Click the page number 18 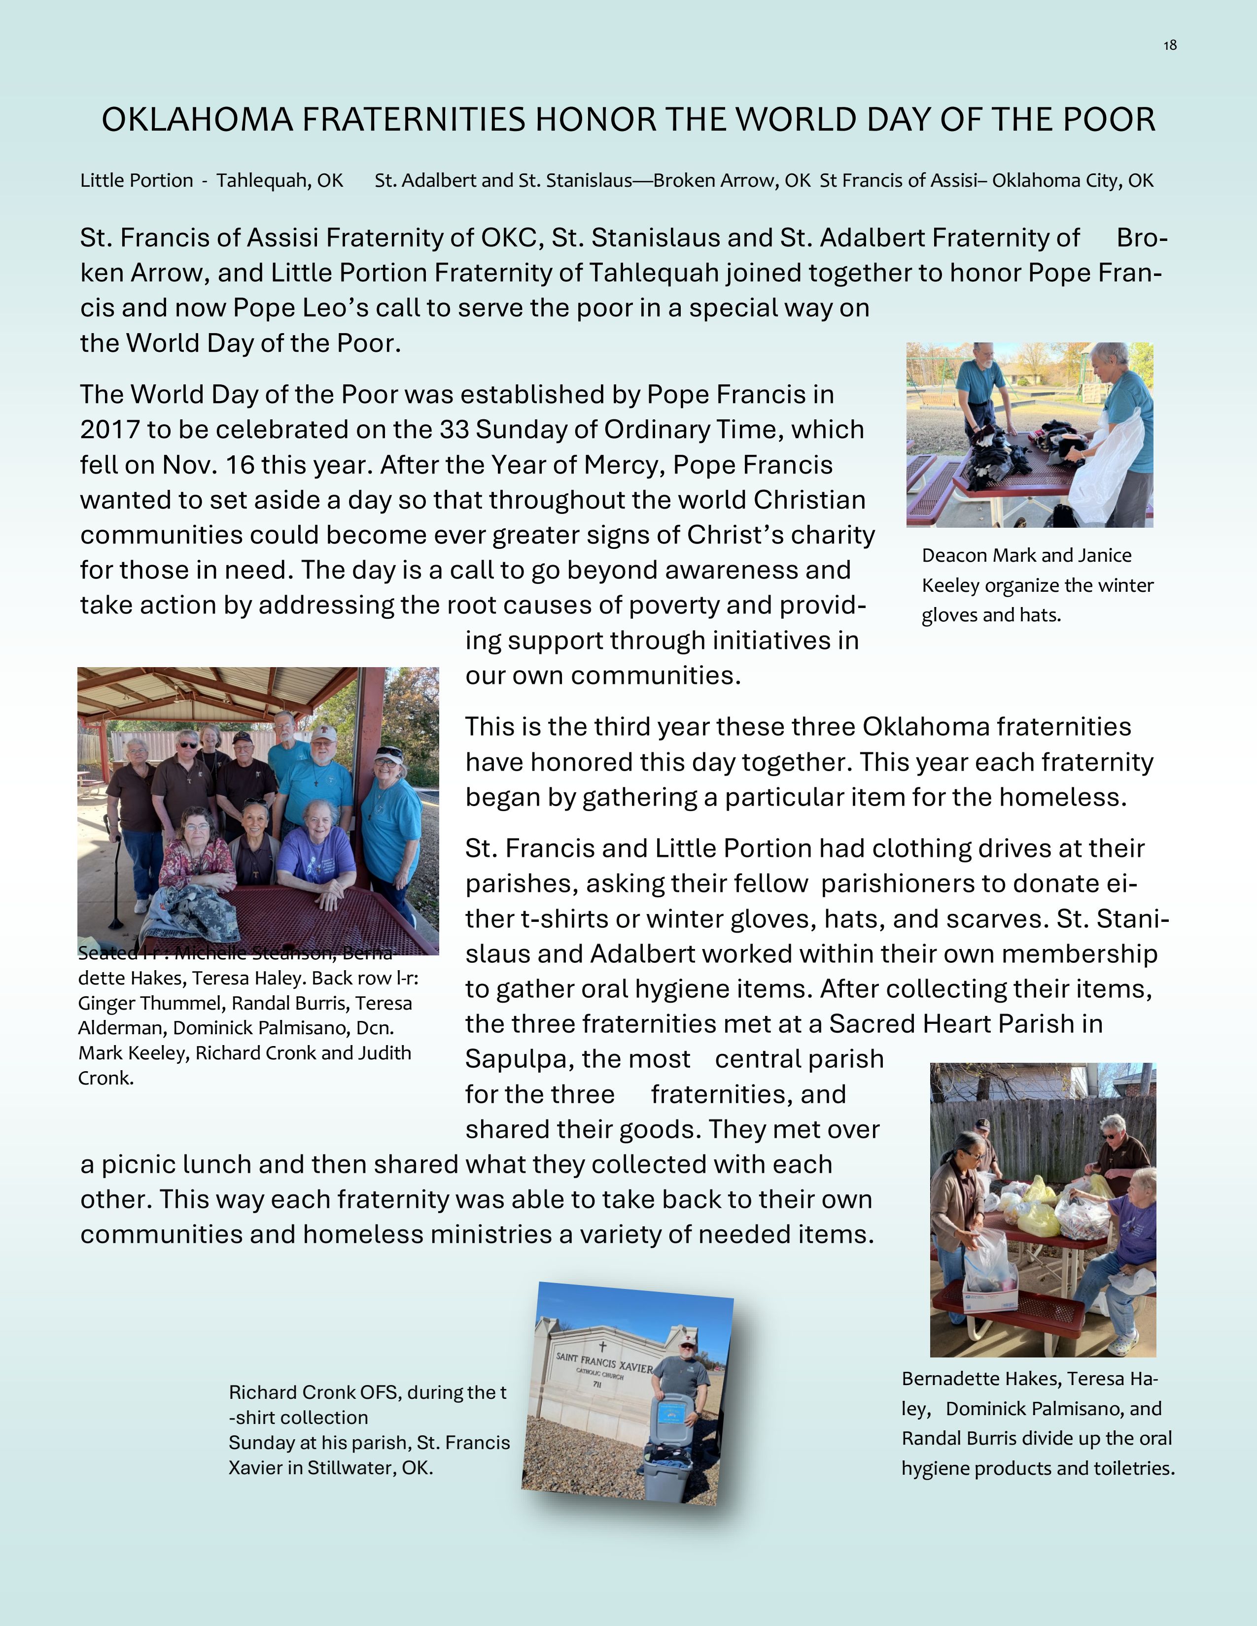coord(1170,45)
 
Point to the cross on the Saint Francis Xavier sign coord(602,1347)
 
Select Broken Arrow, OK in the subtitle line coord(731,180)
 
